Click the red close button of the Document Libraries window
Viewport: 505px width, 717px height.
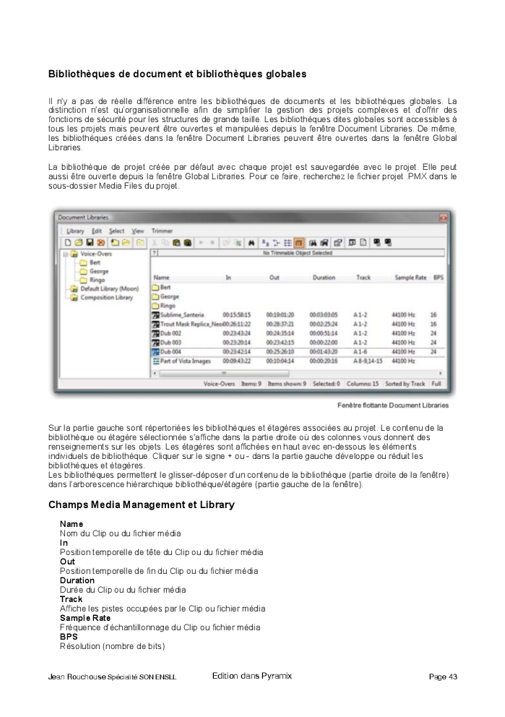443,217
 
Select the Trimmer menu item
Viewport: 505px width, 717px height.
163,231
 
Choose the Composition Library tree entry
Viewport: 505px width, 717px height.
106,297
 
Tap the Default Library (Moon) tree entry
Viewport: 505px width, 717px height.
109,288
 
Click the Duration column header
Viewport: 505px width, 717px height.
324,278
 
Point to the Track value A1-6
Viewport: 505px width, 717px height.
361,351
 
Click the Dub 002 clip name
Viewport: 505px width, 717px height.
172,333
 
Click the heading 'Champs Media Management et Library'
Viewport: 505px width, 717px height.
141,505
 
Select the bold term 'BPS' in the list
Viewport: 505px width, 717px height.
68,637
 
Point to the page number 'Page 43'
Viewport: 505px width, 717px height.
442,677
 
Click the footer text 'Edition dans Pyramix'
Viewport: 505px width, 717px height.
252,676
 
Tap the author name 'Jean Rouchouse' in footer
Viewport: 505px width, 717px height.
76,677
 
